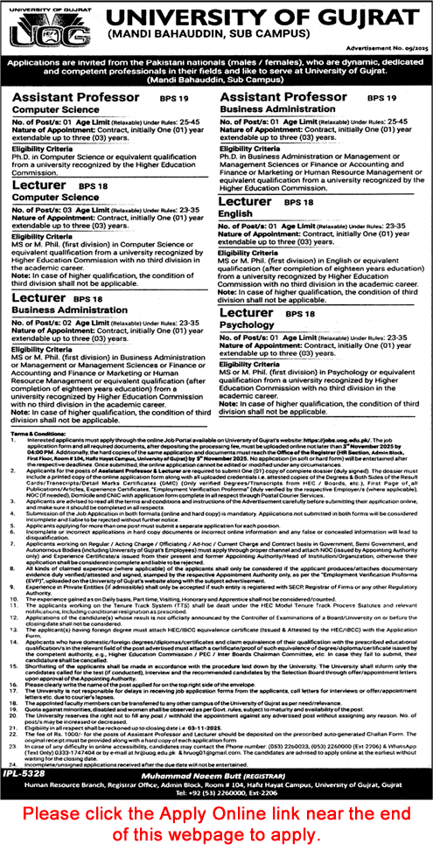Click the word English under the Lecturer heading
(x=234, y=213)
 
